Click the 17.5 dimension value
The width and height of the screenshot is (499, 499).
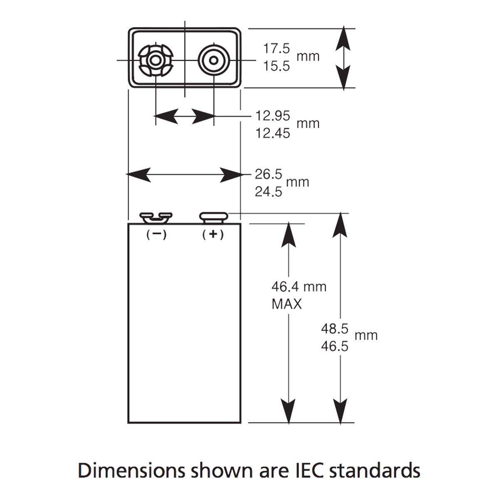(x=276, y=49)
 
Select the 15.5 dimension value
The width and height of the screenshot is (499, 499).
(x=276, y=66)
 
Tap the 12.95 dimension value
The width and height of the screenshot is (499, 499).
(x=272, y=116)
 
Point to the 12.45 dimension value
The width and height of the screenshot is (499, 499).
(x=272, y=133)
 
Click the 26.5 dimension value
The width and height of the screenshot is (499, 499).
(x=268, y=174)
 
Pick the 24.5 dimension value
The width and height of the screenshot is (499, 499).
(x=268, y=192)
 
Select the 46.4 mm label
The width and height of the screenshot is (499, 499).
(x=299, y=287)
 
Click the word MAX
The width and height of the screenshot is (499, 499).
(x=287, y=304)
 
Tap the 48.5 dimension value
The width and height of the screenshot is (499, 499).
(x=334, y=329)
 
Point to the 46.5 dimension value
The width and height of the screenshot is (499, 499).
(x=334, y=346)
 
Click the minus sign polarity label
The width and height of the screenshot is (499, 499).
(x=156, y=235)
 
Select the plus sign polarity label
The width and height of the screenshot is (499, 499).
(x=213, y=235)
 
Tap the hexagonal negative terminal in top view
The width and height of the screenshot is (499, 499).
(x=156, y=61)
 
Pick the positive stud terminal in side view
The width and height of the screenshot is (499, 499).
(x=214, y=217)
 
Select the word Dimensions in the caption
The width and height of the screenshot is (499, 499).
(x=131, y=471)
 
